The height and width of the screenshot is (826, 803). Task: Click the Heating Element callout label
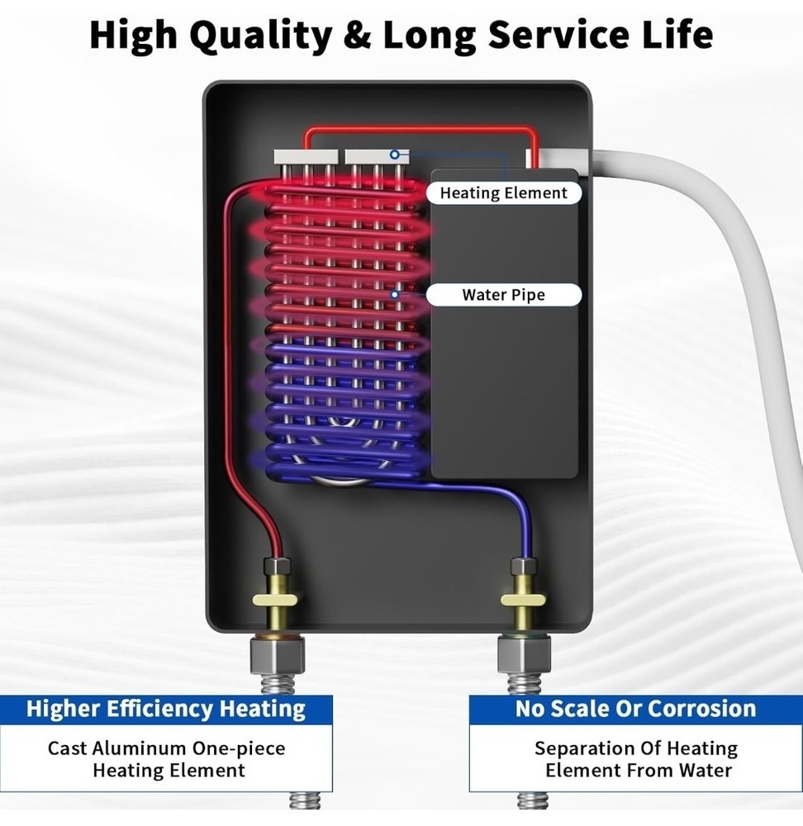click(x=504, y=192)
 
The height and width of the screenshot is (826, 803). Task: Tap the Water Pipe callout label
click(x=504, y=295)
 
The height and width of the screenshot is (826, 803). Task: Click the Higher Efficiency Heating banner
click(x=166, y=709)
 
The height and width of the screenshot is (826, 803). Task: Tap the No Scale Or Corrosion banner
click(x=635, y=709)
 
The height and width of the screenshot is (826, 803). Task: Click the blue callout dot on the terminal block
click(x=394, y=154)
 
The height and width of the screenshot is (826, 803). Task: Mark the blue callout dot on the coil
click(x=395, y=294)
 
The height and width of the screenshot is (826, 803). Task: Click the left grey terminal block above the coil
click(x=306, y=156)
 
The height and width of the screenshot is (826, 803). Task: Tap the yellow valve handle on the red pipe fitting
click(x=275, y=600)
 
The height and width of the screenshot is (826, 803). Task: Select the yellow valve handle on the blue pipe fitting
click(x=523, y=600)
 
